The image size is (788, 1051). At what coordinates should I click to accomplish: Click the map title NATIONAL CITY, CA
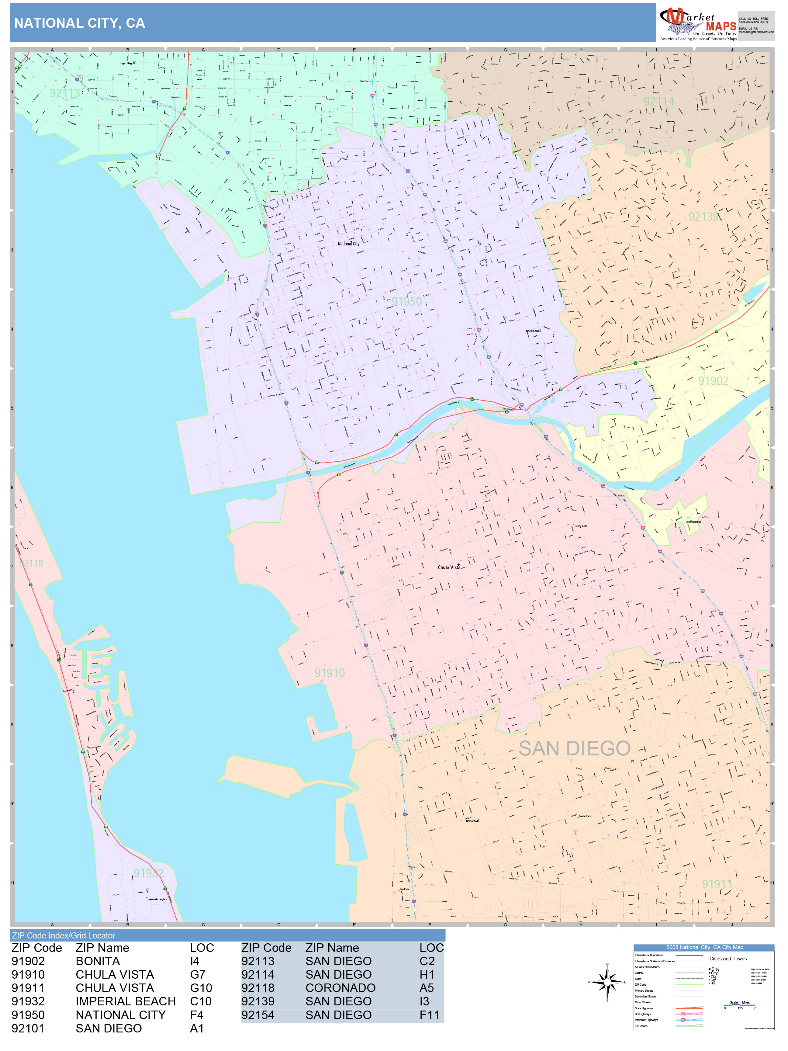79,23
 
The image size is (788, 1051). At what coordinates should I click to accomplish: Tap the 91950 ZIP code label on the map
406,302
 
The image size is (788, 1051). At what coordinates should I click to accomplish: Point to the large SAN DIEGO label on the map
574,748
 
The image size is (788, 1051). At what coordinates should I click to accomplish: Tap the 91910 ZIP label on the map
330,673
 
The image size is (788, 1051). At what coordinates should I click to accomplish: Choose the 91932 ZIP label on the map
149,873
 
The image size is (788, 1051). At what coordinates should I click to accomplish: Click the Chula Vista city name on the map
449,567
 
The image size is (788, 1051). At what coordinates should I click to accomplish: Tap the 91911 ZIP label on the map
717,884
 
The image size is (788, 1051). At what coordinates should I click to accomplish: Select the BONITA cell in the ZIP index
98,961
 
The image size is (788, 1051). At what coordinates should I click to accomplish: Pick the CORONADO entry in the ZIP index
340,988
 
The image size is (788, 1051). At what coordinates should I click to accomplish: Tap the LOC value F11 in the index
429,1015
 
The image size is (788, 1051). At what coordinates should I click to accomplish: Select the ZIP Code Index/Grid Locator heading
64,935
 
